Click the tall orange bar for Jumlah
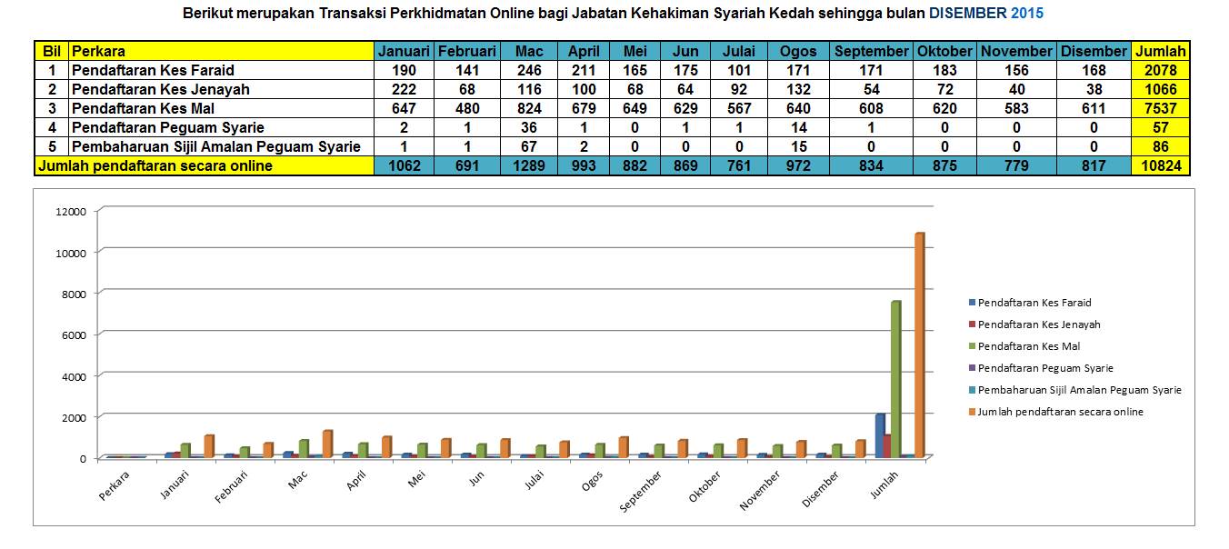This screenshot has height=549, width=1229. [x=919, y=345]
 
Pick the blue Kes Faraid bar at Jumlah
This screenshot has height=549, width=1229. [x=879, y=434]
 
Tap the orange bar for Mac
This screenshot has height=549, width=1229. [x=327, y=444]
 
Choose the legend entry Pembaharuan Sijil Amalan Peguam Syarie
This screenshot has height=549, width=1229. [x=1079, y=390]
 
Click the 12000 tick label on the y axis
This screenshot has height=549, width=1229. [x=71, y=211]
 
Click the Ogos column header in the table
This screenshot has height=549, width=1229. [x=798, y=51]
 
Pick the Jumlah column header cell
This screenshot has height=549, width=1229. [x=1160, y=51]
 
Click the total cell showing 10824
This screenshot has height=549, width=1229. [x=1160, y=166]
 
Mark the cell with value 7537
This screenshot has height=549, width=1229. [x=1160, y=109]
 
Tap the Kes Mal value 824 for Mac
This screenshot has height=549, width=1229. [x=528, y=109]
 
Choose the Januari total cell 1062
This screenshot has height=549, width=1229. [x=403, y=166]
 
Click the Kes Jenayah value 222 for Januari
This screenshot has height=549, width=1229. [x=403, y=89]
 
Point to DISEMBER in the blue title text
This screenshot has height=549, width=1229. [x=967, y=14]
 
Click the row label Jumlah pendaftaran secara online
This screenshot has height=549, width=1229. [x=155, y=166]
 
